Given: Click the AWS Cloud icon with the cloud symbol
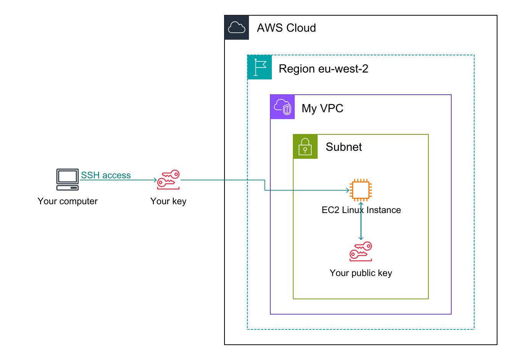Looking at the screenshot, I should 237,27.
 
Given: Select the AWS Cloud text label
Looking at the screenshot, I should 286,28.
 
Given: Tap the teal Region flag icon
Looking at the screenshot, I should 260,67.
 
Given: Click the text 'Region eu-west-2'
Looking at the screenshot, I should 323,69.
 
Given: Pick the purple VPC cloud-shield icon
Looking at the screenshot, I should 283,107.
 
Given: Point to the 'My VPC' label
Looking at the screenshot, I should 322,108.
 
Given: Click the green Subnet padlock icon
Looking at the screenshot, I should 305,147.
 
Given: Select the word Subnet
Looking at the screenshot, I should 344,147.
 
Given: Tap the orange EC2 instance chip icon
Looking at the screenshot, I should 361,190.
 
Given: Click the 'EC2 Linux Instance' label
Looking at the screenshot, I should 361,210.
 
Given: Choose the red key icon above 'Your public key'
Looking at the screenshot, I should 361,251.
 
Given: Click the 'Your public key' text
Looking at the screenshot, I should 361,273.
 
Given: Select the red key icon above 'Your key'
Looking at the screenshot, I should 168,179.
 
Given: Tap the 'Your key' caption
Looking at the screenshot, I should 168,201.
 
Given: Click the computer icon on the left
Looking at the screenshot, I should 68,179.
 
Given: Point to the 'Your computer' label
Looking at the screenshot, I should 68,201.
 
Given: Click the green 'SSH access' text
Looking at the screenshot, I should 106,175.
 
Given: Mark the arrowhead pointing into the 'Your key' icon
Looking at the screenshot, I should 155,180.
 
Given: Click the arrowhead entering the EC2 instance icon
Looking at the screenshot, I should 347,190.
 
